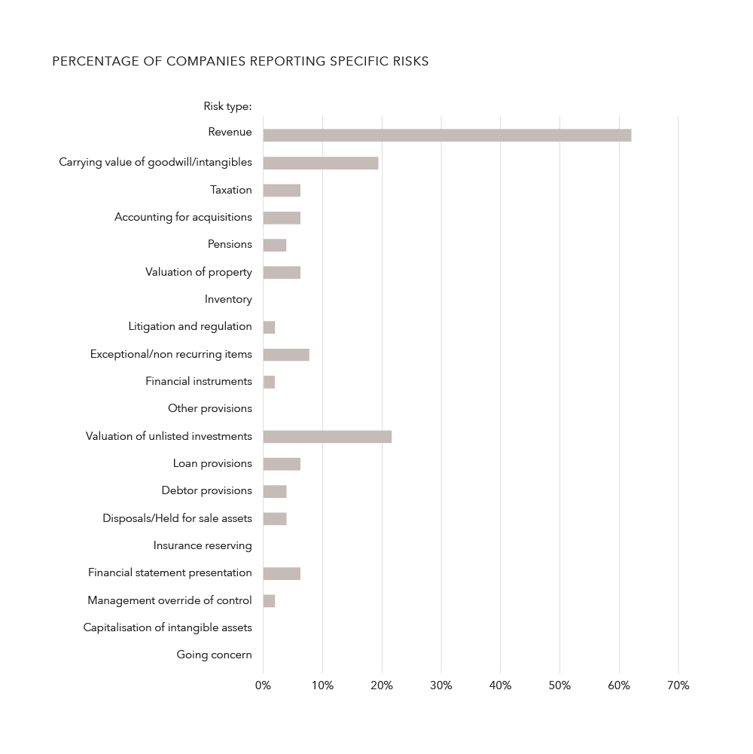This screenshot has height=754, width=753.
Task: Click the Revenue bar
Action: [x=447, y=136]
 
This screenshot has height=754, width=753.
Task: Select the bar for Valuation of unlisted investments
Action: [x=327, y=436]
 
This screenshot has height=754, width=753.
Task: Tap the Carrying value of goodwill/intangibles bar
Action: [x=320, y=163]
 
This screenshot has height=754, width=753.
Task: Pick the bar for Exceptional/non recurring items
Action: [x=285, y=355]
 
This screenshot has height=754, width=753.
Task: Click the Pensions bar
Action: [x=274, y=245]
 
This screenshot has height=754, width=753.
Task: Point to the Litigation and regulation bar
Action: [x=269, y=327]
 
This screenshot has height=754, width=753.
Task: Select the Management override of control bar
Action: [x=269, y=600]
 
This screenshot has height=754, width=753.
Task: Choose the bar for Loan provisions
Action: [x=282, y=464]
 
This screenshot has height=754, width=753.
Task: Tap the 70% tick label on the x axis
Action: [x=678, y=685]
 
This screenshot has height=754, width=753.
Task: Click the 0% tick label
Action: [x=263, y=685]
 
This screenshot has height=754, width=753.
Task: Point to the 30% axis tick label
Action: [x=441, y=685]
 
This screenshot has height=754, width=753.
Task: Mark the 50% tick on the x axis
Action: [x=559, y=685]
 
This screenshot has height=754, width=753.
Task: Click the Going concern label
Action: [x=214, y=655]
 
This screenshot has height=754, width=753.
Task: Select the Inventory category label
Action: [x=228, y=299]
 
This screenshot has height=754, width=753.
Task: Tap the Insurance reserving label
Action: [x=203, y=545]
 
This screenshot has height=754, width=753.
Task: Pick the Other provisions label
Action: [x=209, y=408]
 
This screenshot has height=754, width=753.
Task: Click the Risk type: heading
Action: [x=227, y=106]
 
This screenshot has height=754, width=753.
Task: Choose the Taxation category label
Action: [x=230, y=190]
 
